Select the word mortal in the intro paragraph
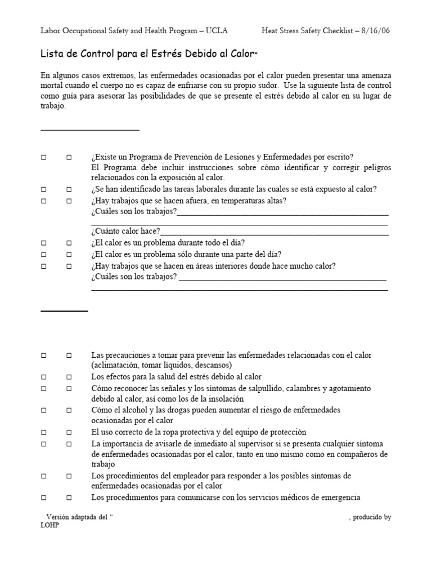coord(52,85)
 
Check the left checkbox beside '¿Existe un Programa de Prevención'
coord(43,157)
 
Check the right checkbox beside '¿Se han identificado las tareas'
coord(69,189)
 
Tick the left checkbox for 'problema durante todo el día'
coord(43,243)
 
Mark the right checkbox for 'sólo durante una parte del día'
coord(69,254)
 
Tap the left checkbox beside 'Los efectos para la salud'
coord(43,376)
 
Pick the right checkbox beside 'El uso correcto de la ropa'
coord(69,432)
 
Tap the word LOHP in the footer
coord(49,525)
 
